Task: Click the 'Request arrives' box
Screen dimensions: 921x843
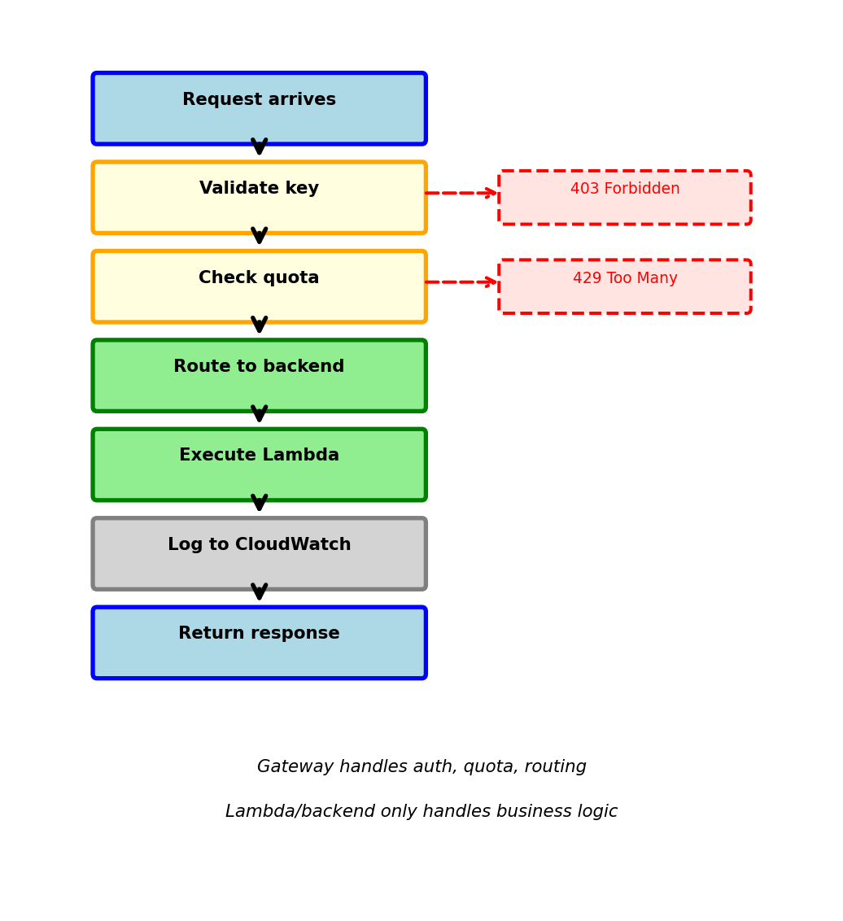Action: pos(259,108)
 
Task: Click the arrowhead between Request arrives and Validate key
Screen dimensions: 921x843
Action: pos(259,147)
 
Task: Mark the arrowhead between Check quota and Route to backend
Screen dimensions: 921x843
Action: pos(259,325)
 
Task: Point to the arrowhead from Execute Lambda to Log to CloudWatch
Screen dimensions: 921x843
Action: pos(259,504)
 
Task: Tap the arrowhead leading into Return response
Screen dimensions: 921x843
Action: pos(259,592)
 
